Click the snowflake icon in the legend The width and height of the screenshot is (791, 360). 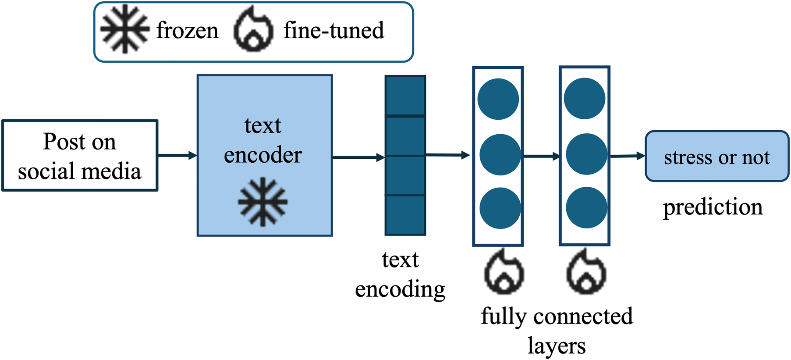(x=125, y=29)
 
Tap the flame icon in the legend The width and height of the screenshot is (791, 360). (x=253, y=30)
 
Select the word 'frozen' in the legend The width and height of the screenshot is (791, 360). (x=187, y=31)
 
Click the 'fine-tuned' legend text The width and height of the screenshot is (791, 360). (x=333, y=30)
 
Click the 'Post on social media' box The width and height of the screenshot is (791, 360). (x=80, y=156)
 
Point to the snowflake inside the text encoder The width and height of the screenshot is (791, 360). (x=262, y=202)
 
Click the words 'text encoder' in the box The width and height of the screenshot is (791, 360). (x=263, y=140)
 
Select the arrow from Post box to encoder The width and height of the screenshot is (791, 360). (x=177, y=155)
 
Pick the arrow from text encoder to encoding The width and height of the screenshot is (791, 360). (x=358, y=157)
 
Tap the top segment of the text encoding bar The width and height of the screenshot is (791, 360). (x=405, y=96)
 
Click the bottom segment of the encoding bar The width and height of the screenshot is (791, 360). (x=405, y=215)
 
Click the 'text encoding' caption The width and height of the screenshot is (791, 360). (x=400, y=274)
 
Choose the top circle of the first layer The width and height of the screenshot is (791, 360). (x=498, y=99)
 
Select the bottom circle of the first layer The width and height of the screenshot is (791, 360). (x=500, y=208)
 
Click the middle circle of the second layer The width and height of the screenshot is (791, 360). (x=586, y=154)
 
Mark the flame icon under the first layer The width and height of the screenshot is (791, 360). (x=504, y=273)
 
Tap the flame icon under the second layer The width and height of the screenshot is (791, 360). (x=586, y=273)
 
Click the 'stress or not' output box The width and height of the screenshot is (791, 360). (x=717, y=157)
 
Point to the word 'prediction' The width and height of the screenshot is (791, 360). (x=713, y=207)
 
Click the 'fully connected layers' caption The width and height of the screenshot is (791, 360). (x=557, y=331)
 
